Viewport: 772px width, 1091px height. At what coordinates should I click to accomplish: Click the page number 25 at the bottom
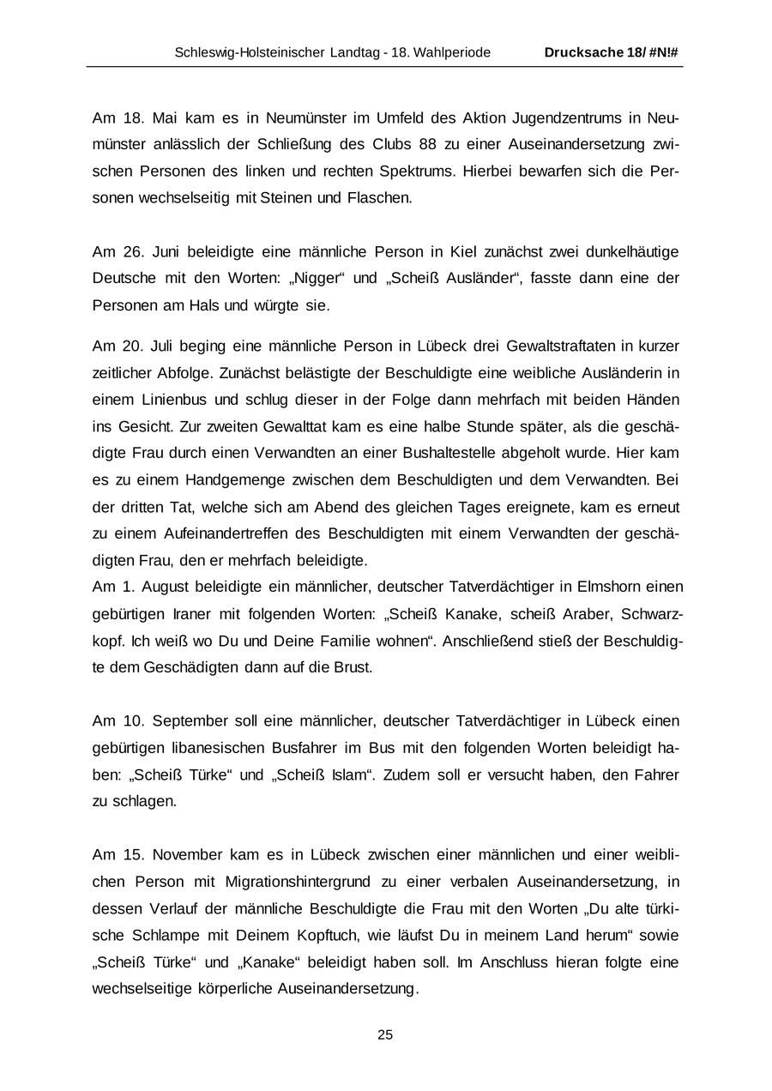pos(385,1034)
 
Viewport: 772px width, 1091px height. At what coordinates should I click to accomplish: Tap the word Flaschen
pos(379,197)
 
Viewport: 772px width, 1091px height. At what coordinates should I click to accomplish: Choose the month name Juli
pos(162,346)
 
